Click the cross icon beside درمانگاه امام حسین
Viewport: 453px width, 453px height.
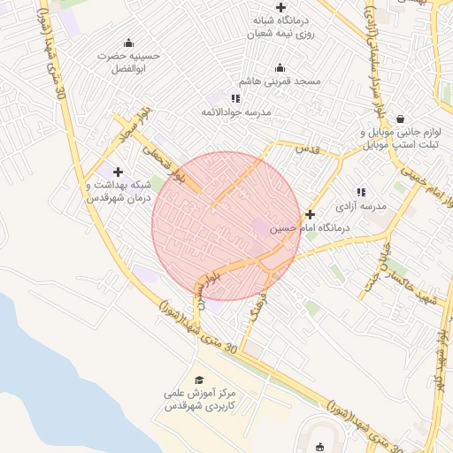(310, 214)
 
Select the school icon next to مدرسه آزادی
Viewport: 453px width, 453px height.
(360, 192)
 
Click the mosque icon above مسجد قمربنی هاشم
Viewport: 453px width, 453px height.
(280, 68)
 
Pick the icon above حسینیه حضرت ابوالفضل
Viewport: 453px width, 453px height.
(129, 43)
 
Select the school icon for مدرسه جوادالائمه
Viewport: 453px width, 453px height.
(235, 98)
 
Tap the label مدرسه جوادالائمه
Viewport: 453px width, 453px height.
(236, 111)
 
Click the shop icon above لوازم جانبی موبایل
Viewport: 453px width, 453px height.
(401, 119)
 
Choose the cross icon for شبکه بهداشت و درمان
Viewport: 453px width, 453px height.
(118, 172)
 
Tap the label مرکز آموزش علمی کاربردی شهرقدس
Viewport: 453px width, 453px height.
(201, 400)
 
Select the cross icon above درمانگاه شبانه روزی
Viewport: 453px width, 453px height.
(280, 7)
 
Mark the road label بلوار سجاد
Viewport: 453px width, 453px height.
(129, 129)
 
